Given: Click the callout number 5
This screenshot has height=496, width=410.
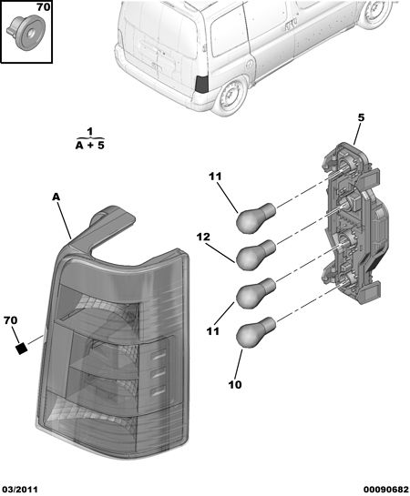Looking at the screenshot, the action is [x=361, y=117].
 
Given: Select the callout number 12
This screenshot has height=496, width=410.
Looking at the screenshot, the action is [x=203, y=237].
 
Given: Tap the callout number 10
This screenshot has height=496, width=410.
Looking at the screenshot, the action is [x=235, y=385].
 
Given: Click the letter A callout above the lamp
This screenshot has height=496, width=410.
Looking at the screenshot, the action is [x=56, y=197].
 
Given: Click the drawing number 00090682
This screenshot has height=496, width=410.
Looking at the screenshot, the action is [x=385, y=490].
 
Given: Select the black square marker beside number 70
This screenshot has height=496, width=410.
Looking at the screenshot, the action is [x=21, y=349].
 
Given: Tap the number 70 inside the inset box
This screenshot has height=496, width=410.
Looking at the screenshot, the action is [x=43, y=7].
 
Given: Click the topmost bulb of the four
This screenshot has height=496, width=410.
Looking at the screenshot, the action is [x=256, y=218].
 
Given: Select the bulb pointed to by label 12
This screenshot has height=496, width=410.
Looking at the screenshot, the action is [x=256, y=255].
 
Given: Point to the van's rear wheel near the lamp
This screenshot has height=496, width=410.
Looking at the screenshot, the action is [x=231, y=95].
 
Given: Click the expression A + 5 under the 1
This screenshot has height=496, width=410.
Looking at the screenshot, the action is [x=90, y=146].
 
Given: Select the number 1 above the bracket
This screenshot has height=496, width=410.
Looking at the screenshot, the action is [x=90, y=131].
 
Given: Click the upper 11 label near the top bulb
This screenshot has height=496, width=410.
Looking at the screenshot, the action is [x=215, y=177].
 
